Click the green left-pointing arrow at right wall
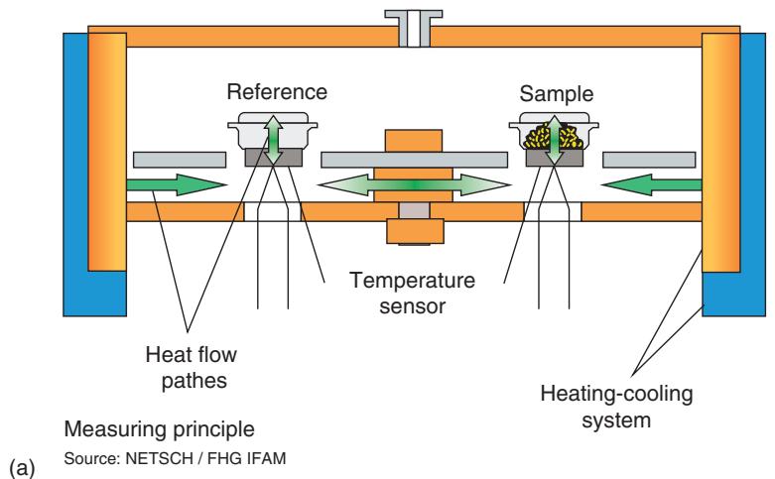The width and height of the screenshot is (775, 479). click(x=650, y=184)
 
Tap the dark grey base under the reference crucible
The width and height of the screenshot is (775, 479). click(x=274, y=158)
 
